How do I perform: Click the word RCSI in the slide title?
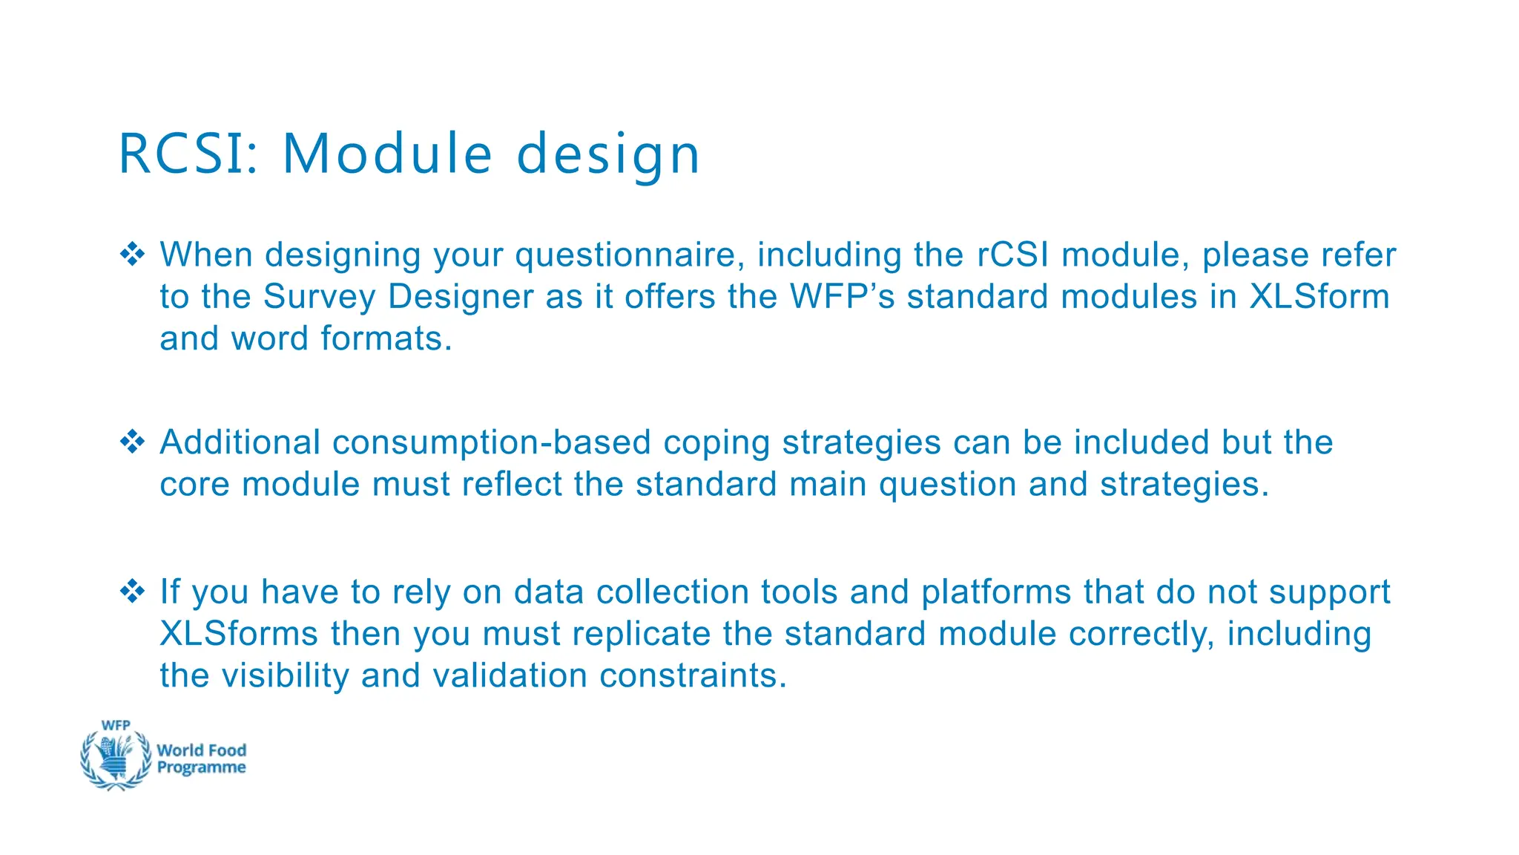188,154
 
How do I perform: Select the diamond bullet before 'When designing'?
133,254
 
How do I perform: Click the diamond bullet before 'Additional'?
133,442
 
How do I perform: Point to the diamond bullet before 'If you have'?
133,592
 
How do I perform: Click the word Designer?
461,297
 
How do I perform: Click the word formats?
386,338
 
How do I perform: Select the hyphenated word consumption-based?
492,442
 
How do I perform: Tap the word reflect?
512,484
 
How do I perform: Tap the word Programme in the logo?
201,768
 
